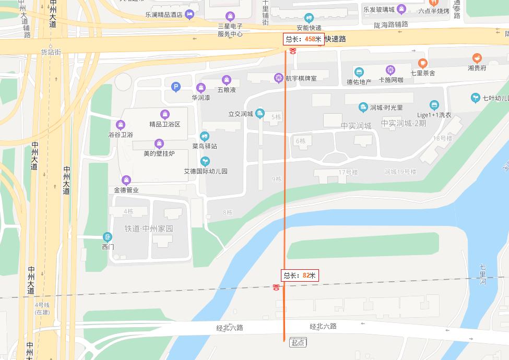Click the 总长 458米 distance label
pos(304,39)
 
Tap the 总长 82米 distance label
pos(300,275)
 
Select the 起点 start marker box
pos(298,343)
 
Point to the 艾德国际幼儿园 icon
pos(205,161)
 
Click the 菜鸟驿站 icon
pos(205,136)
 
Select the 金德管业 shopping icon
pos(126,180)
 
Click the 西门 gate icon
pos(108,237)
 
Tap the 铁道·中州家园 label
pos(148,229)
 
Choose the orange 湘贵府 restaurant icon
pos(477,58)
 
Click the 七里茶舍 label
pos(422,73)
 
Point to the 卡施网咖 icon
pos(390,70)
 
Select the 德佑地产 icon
pos(359,72)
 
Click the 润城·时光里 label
pos(386,107)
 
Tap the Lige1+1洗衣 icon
pos(434,105)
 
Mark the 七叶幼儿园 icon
pos(475,98)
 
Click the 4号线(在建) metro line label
pos(42,308)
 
